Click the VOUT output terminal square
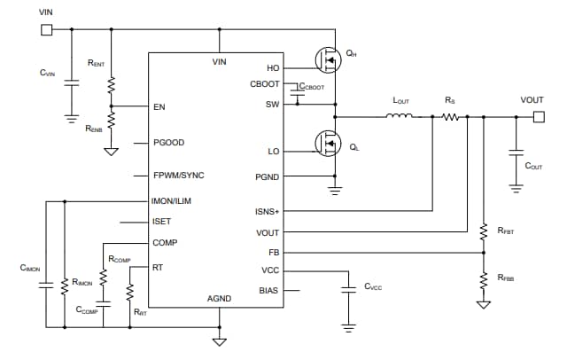[x=532, y=115]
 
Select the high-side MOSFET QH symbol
[x=330, y=59]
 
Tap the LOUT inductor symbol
[x=401, y=115]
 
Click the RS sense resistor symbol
[x=450, y=115]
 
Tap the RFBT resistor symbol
[x=484, y=231]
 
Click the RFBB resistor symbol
[x=484, y=279]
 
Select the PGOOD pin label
[x=168, y=143]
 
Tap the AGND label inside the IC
[x=219, y=299]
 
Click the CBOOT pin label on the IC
[x=265, y=84]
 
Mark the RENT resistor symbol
[x=111, y=86]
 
